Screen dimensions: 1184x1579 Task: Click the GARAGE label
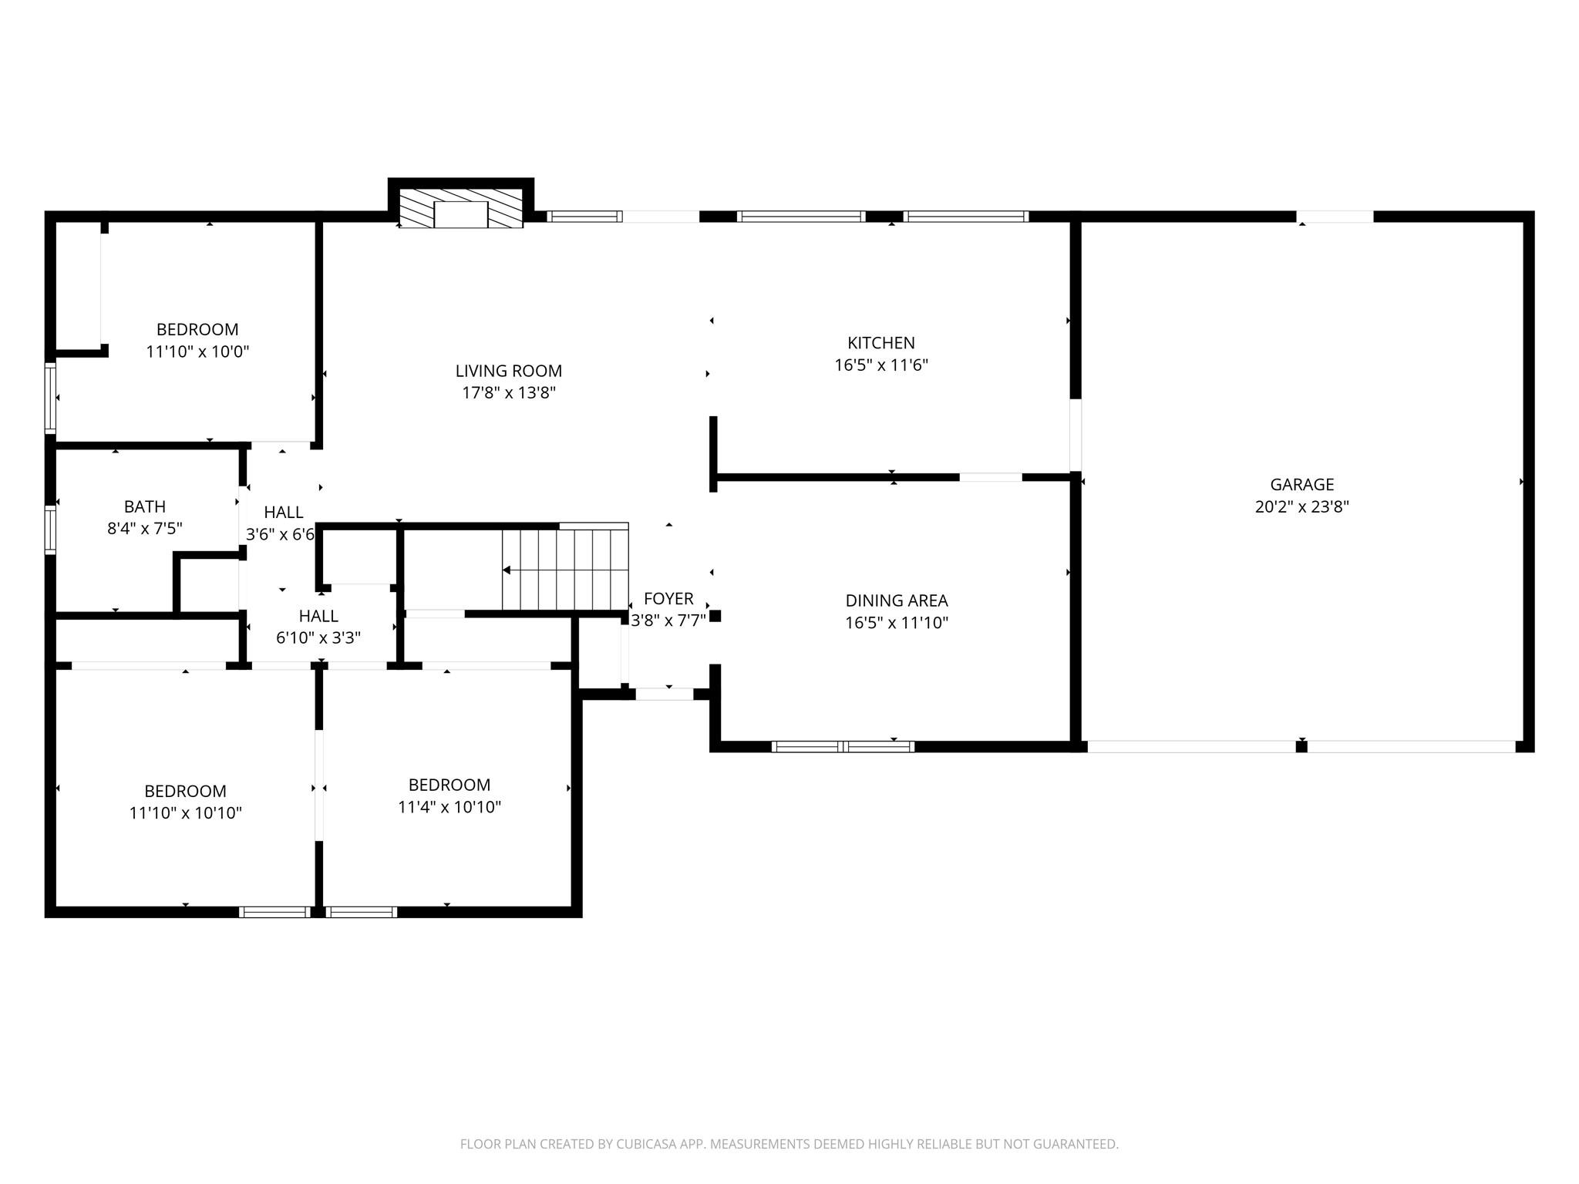pyautogui.click(x=1301, y=485)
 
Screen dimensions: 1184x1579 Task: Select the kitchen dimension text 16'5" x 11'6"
pyautogui.click(x=880, y=365)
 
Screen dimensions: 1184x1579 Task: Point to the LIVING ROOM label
pyautogui.click(x=508, y=371)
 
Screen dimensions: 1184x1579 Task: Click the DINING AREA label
pyautogui.click(x=896, y=600)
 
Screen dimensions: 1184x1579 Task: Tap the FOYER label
pyautogui.click(x=668, y=598)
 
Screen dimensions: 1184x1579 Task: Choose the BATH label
pyautogui.click(x=145, y=506)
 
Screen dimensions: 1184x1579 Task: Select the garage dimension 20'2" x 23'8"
pyautogui.click(x=1301, y=507)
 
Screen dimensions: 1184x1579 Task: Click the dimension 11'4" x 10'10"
pyautogui.click(x=449, y=807)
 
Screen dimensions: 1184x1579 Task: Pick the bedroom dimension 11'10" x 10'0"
pyautogui.click(x=197, y=351)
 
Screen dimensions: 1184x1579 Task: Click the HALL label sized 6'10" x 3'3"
pyautogui.click(x=318, y=616)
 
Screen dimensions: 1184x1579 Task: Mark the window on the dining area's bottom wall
pyautogui.click(x=843, y=746)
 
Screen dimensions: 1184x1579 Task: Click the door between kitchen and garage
pyautogui.click(x=1075, y=434)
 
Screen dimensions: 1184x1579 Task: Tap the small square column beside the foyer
pyautogui.click(x=715, y=616)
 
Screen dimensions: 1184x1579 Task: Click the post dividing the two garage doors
pyautogui.click(x=1301, y=746)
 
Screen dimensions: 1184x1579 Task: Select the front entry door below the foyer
pyautogui.click(x=664, y=694)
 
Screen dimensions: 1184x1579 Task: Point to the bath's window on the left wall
pyautogui.click(x=50, y=530)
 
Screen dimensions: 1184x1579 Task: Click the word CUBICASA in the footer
pyautogui.click(x=648, y=1144)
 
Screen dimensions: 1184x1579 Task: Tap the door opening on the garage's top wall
pyautogui.click(x=1335, y=217)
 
